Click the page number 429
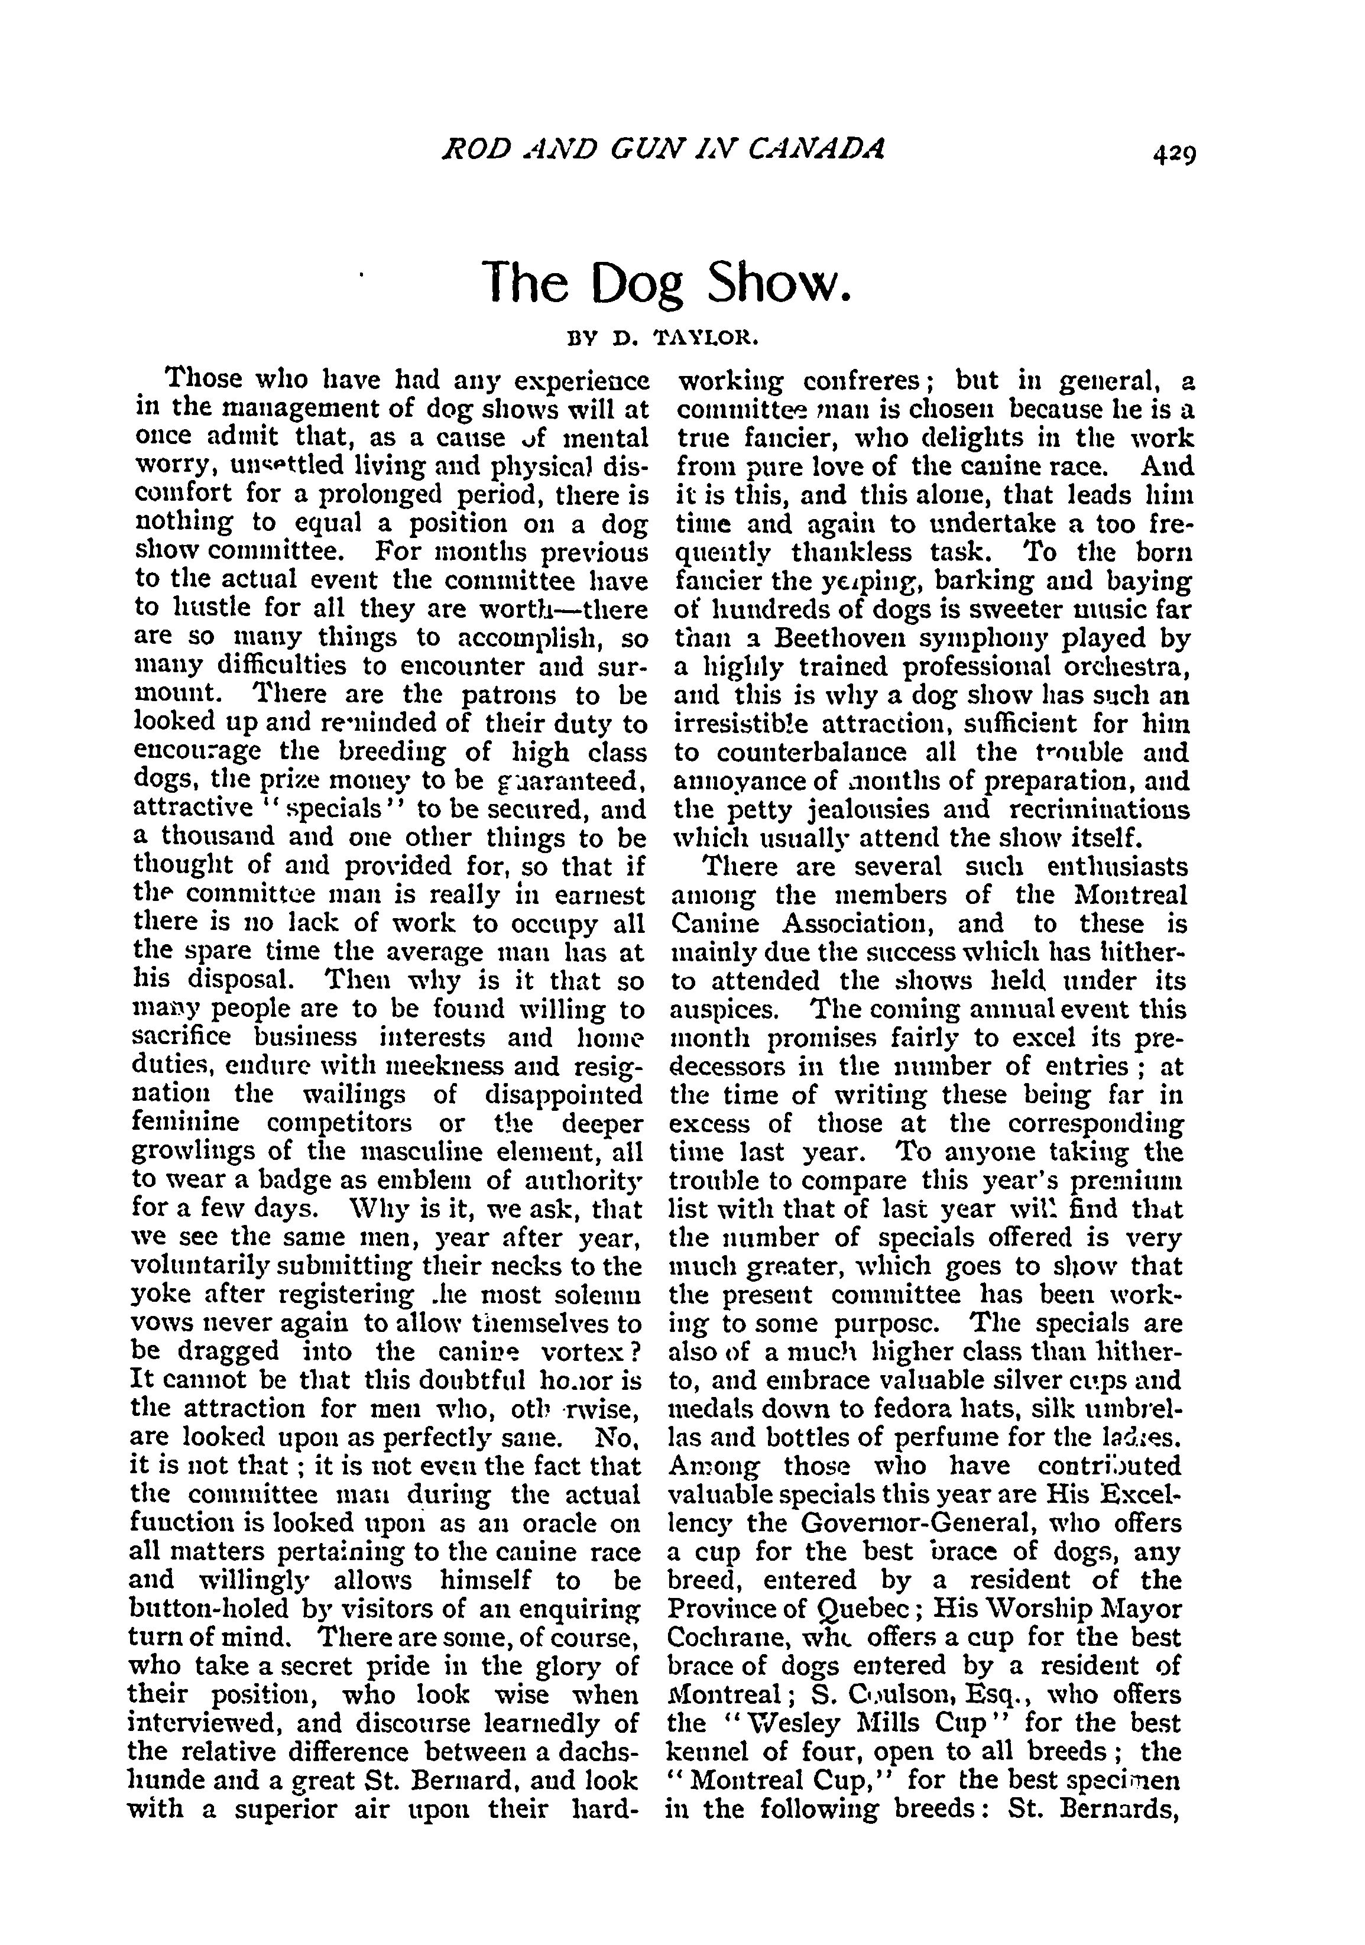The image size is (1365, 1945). [1171, 155]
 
